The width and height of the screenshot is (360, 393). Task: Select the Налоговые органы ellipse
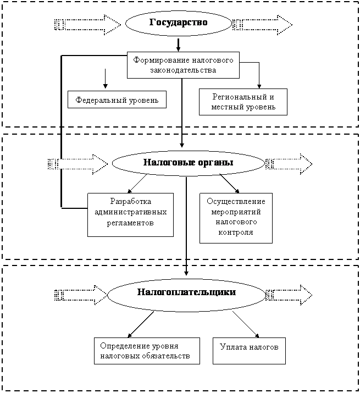pyautogui.click(x=188, y=163)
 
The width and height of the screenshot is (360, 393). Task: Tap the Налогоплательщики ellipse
pyautogui.click(x=186, y=295)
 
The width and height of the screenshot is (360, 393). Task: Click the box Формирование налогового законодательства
pyautogui.click(x=183, y=65)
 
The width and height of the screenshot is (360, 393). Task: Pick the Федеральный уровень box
pyautogui.click(x=117, y=99)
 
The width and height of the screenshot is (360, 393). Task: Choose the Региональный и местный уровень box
pyautogui.click(x=243, y=102)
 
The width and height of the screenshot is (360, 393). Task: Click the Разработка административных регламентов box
pyautogui.click(x=130, y=215)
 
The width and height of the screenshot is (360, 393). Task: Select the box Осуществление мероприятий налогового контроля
pyautogui.click(x=236, y=218)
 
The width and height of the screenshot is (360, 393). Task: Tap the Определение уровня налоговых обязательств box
pyautogui.click(x=147, y=351)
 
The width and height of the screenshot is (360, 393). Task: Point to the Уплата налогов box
pyautogui.click(x=249, y=351)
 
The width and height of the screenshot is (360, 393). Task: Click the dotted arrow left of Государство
pyautogui.click(x=88, y=25)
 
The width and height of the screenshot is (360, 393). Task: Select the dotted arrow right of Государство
pyautogui.click(x=262, y=25)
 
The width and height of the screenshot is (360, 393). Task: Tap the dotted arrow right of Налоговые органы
pyautogui.click(x=289, y=164)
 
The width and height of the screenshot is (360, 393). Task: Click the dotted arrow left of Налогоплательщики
pyautogui.click(x=81, y=295)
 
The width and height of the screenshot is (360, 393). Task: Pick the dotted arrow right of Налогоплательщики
pyautogui.click(x=289, y=295)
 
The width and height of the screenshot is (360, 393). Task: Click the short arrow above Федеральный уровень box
pyautogui.click(x=106, y=79)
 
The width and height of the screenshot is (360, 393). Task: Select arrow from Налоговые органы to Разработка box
pyautogui.click(x=137, y=184)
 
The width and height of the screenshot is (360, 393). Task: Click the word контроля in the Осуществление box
pyautogui.click(x=236, y=233)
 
